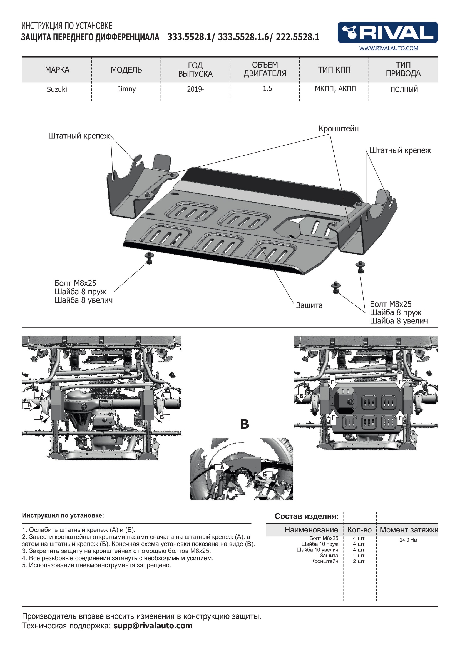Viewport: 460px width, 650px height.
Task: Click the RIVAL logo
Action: [387, 32]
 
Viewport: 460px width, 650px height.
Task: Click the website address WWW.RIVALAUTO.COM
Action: [389, 48]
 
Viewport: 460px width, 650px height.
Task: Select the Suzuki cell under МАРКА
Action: [57, 89]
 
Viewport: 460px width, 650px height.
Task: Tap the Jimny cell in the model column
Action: [127, 89]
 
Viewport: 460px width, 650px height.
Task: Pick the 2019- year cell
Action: [195, 89]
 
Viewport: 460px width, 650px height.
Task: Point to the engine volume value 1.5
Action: [267, 89]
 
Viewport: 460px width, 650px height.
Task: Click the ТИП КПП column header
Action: [334, 70]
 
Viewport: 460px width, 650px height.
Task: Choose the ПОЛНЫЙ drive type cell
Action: [404, 89]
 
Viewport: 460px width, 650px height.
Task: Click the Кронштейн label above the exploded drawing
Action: [339, 129]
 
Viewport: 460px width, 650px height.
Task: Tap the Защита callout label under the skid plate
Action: [309, 306]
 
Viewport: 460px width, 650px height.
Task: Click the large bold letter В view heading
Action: [245, 424]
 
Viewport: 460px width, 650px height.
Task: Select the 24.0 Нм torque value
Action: [408, 540]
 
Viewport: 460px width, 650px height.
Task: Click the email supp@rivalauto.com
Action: [153, 626]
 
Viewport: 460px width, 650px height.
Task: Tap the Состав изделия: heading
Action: [307, 516]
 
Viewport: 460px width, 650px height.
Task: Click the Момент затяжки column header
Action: [409, 530]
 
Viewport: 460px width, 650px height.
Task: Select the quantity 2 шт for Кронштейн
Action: [359, 561]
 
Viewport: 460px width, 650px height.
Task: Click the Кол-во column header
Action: [359, 530]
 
